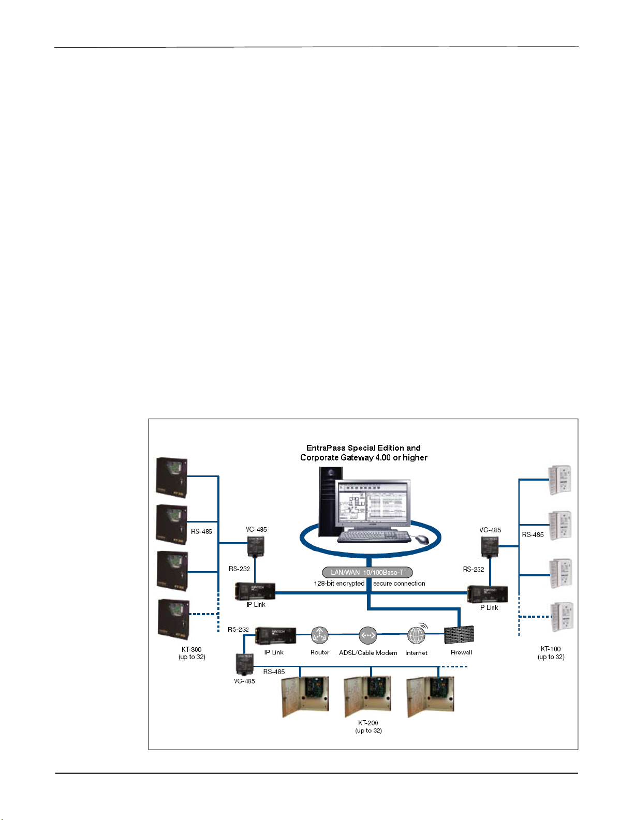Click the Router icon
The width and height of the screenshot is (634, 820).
click(x=319, y=635)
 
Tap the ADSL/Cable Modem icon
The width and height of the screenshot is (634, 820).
click(x=367, y=635)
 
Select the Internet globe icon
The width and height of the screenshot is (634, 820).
click(x=417, y=634)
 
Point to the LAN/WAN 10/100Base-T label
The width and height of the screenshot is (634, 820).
click(x=367, y=572)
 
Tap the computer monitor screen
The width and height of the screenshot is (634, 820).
click(x=371, y=504)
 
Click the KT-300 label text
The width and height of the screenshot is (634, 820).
click(x=191, y=649)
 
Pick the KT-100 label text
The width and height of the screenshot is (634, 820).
click(x=551, y=649)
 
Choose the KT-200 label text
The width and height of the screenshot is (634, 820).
click(x=368, y=723)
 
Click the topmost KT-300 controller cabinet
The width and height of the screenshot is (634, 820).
click(x=172, y=476)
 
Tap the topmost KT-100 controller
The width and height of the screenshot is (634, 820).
click(x=559, y=479)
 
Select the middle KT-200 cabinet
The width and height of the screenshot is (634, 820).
click(x=368, y=696)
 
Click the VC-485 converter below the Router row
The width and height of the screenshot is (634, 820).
click(x=244, y=664)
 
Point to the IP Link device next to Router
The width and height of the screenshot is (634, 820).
click(x=276, y=635)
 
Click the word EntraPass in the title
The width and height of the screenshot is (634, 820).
click(x=326, y=448)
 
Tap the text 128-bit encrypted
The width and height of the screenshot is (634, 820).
click(x=339, y=584)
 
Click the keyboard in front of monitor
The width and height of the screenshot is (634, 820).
click(x=373, y=536)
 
